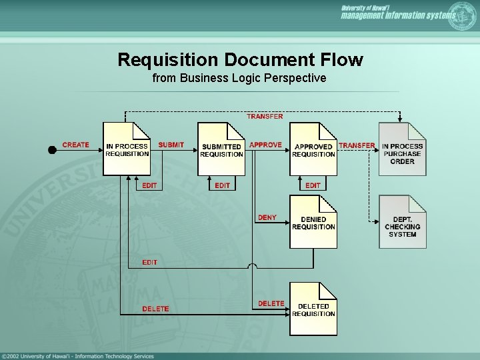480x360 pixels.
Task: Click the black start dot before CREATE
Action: pos(53,149)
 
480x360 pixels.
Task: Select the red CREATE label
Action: pos(75,145)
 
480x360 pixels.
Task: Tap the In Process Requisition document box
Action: pos(127,149)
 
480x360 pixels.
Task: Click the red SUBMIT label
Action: pos(171,145)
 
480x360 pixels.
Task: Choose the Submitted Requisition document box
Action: pos(221,149)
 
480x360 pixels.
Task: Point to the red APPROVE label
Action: pos(265,145)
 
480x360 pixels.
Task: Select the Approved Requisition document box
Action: pos(313,149)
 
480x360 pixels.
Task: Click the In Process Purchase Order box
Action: pos(402,149)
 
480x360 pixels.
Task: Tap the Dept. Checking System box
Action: pos(402,222)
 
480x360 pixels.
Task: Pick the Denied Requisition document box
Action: pos(313,222)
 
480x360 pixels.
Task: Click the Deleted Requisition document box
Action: pos(313,309)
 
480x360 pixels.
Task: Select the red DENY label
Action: pos(267,217)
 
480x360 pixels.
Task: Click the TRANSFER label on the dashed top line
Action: pos(265,116)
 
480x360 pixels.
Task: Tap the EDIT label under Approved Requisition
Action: pos(313,185)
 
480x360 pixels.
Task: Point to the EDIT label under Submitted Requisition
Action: pos(223,185)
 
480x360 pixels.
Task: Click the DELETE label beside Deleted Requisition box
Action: pos(271,303)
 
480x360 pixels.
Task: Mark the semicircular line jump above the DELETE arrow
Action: pos(251,267)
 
